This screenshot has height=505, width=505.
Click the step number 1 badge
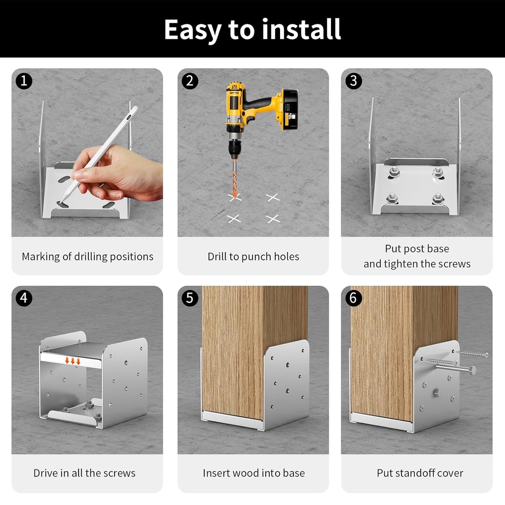point(24,81)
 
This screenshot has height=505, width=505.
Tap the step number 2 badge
point(190,81)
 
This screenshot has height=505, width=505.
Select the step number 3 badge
point(353,81)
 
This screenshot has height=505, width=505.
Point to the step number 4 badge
point(24,298)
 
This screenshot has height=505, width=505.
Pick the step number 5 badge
point(190,298)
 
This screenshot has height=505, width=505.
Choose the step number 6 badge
point(353,298)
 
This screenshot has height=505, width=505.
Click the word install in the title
point(301,29)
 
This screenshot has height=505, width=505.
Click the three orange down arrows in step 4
point(73,361)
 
